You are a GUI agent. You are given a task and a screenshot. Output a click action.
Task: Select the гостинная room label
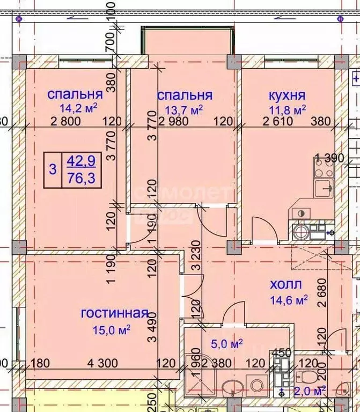pyautogui.click(x=114, y=313)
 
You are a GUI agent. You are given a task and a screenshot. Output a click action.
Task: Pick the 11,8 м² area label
pyautogui.click(x=287, y=109)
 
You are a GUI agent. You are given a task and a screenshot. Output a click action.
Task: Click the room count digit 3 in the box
pyautogui.click(x=52, y=170)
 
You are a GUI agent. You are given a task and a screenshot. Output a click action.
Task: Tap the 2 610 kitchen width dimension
pyautogui.click(x=277, y=121)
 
